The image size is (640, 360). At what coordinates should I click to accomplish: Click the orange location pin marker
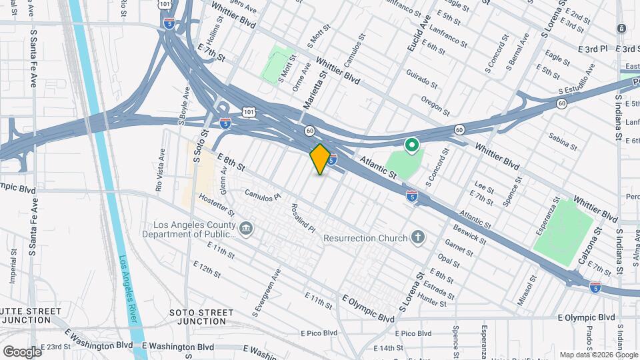point(320,159)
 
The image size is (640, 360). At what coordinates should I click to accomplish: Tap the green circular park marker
point(412,143)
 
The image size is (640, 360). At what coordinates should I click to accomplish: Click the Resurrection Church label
point(365,238)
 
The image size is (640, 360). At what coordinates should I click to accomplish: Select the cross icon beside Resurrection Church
point(418,237)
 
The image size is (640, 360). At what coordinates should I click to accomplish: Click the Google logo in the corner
point(22,351)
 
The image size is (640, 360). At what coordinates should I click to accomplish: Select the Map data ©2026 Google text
point(599,355)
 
